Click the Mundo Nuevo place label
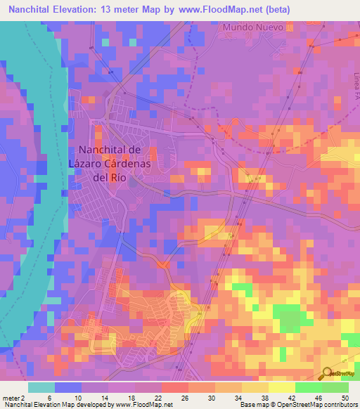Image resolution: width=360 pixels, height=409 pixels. coord(253,27)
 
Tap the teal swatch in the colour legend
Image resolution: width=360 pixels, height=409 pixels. coord(41,387)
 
